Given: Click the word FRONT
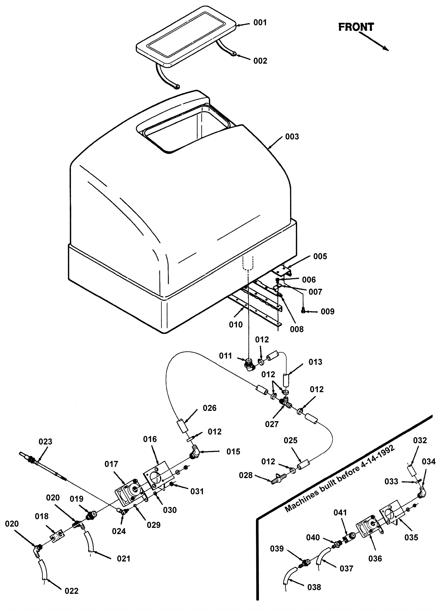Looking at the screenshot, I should [356, 27].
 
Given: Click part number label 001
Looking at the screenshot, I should [260, 22].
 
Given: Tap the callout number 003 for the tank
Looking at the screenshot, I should [292, 137].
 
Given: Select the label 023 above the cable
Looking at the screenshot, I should [45, 442].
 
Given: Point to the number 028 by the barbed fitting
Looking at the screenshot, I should [246, 475].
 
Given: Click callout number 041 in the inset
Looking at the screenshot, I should [340, 513].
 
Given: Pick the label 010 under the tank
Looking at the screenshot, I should [236, 325].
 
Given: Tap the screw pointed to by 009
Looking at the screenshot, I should [303, 310].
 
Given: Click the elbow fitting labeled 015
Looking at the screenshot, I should [195, 453].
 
